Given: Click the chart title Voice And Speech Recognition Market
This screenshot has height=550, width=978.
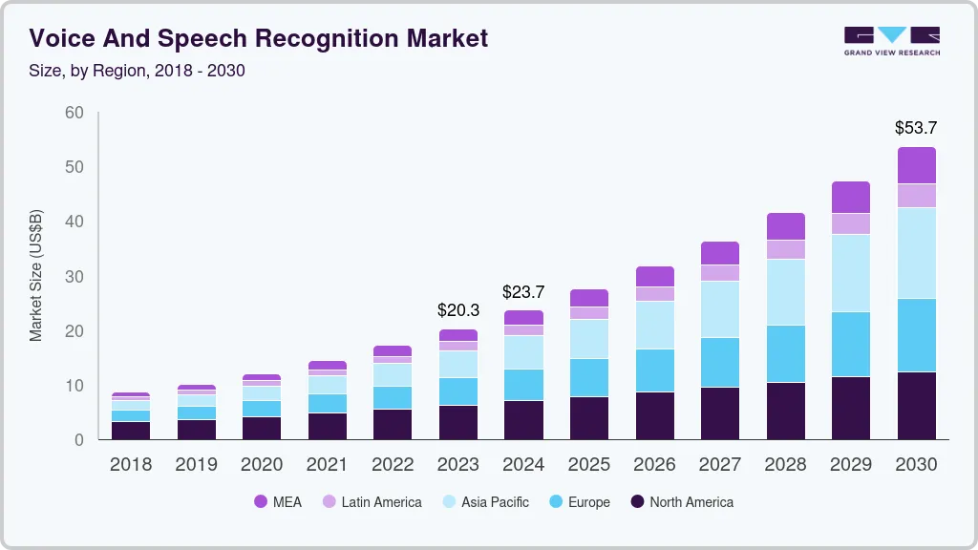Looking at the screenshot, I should point(259,38).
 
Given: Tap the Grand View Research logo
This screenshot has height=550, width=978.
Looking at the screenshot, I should point(891,40).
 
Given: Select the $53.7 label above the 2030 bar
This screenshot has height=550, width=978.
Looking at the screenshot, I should point(916,127).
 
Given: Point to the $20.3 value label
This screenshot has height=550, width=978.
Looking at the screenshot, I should point(458,310).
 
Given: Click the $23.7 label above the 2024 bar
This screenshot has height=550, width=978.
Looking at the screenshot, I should point(523,291).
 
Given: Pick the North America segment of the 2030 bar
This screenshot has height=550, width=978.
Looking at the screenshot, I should point(916,405).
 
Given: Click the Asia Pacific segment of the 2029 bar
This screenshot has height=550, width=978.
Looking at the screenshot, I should point(850,272).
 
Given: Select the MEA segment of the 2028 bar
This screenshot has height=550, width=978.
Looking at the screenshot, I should point(785,226).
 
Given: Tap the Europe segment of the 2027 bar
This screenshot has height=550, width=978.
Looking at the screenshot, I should point(719,362).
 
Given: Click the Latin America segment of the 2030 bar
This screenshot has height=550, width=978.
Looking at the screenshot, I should point(916,195).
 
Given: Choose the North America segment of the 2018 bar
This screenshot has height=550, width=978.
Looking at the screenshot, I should point(131,430).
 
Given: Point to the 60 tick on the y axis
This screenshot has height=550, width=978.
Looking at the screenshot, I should point(74,113).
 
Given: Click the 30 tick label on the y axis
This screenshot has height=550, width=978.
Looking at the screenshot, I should point(74,277).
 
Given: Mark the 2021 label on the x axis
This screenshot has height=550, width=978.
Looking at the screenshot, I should point(328,464).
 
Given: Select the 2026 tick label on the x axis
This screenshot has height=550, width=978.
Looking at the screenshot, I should point(654,464).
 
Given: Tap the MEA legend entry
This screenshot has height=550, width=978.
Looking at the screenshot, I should point(277,501).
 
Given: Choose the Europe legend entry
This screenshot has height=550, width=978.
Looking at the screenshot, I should point(579,501).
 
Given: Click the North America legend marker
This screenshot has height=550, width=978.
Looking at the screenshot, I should point(636,501).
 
